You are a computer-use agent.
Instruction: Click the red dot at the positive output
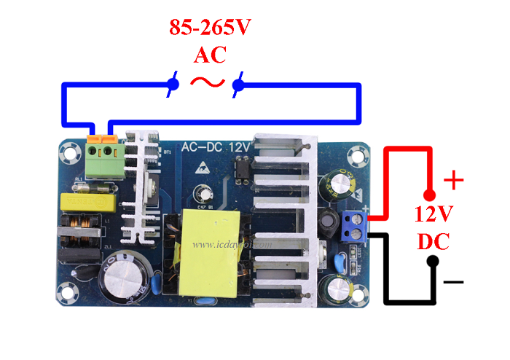tap(430, 195)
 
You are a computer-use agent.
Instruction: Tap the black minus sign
tap(453, 281)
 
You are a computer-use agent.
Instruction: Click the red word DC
tap(434, 241)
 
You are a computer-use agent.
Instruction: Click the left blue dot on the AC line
tap(173, 85)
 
